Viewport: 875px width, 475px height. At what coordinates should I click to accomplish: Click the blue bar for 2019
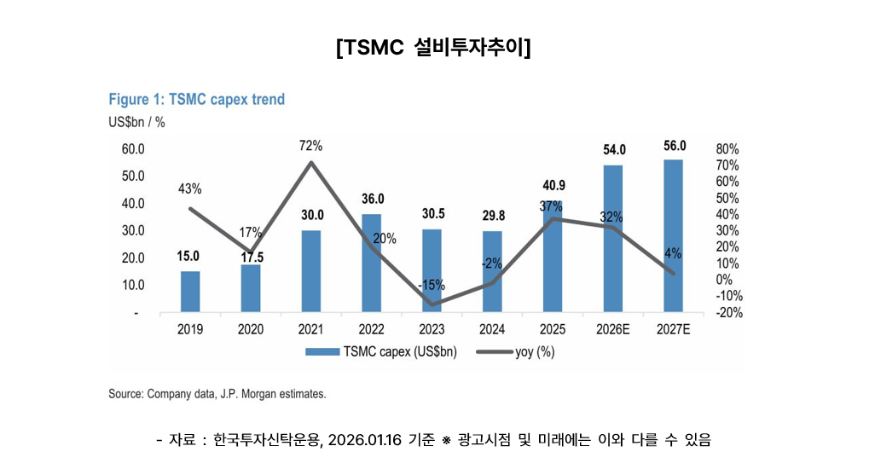point(190,292)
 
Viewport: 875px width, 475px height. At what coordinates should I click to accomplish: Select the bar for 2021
point(311,271)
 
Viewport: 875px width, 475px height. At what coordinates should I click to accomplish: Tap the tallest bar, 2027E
point(674,236)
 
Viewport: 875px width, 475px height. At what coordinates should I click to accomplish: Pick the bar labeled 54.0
point(613,239)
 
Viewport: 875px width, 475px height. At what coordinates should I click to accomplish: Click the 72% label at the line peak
point(310,146)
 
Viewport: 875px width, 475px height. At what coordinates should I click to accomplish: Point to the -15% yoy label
point(432,285)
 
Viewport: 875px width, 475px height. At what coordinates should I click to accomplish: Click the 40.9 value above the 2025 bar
point(553,185)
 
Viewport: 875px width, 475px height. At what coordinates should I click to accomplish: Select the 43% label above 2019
point(189,188)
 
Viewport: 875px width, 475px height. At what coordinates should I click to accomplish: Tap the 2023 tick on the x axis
point(432,330)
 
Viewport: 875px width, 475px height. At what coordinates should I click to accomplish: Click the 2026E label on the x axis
point(613,330)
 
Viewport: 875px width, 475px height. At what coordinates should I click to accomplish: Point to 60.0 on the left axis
point(134,149)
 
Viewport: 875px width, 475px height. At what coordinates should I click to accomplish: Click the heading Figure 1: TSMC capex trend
point(196,100)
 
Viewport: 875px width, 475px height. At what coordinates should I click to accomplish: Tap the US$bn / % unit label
point(136,122)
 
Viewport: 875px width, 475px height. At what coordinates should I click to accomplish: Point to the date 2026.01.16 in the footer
point(366,440)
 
